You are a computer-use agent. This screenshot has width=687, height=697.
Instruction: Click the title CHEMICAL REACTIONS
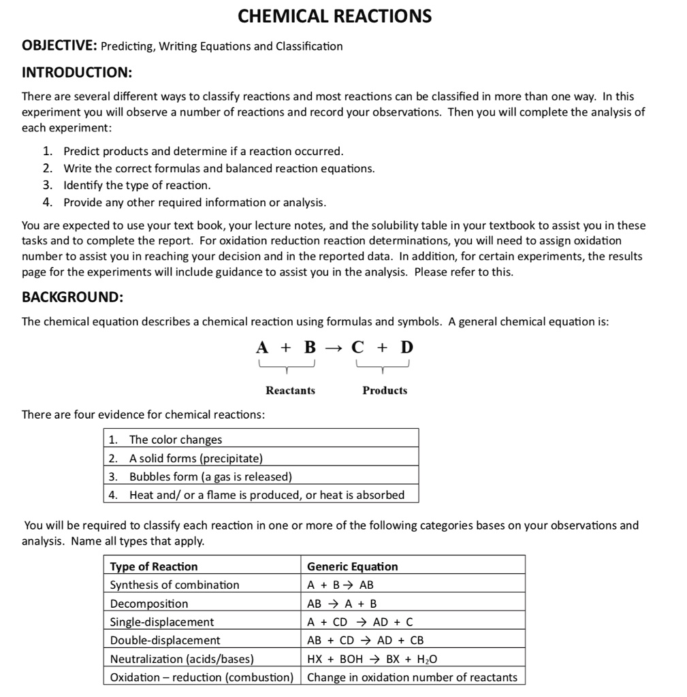tap(334, 16)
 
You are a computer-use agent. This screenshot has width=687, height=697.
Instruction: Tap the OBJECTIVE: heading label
tap(60, 46)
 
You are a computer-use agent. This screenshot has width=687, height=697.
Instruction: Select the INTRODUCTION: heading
tap(77, 71)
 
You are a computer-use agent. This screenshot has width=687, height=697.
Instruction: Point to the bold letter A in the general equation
tap(262, 347)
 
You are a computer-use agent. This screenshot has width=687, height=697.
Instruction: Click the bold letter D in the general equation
tap(406, 347)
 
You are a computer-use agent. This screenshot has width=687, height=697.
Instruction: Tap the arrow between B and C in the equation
tap(334, 348)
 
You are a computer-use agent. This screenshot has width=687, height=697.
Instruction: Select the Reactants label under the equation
tap(290, 390)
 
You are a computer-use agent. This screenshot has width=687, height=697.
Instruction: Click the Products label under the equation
tap(385, 390)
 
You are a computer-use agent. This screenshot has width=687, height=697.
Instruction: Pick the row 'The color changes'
tap(176, 440)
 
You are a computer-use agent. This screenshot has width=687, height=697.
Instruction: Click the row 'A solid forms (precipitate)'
tap(195, 458)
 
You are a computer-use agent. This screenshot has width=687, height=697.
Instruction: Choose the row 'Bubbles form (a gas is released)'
tap(210, 476)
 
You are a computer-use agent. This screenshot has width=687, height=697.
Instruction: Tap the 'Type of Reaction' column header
tap(154, 566)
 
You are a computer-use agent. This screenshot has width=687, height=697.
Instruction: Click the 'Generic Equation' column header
tap(353, 566)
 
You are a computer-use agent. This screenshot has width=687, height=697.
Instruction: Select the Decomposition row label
tap(149, 603)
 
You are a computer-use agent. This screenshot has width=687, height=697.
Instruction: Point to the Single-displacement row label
tap(162, 621)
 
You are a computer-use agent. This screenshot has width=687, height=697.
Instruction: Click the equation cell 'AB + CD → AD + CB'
tap(366, 640)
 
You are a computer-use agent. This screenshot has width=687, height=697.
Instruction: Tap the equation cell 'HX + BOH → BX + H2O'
tap(372, 659)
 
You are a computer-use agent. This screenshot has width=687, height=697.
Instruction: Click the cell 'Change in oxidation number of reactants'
tap(412, 677)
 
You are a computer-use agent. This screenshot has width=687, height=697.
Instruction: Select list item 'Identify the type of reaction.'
tap(137, 185)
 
